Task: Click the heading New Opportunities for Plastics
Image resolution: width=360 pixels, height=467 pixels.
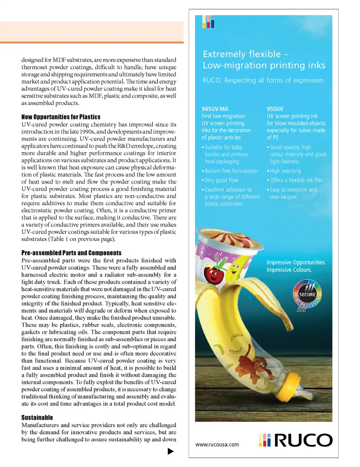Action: coord(61,117)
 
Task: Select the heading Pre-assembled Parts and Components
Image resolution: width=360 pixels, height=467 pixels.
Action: coord(71,253)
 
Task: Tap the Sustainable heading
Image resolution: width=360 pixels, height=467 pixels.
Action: coord(37,417)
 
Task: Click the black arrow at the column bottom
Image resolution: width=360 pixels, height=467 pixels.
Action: coord(171,451)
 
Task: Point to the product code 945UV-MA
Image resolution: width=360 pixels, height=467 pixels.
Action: coord(215,109)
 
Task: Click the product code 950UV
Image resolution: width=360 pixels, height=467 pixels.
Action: coord(275,109)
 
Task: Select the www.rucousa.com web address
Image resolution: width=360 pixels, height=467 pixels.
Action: coord(217,444)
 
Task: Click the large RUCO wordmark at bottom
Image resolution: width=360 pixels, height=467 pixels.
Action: coord(303,440)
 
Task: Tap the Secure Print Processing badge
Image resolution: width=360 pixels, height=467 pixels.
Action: coord(307,296)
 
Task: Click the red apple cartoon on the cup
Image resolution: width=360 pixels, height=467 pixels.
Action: coord(214,275)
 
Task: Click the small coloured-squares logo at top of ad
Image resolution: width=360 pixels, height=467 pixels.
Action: coord(208,22)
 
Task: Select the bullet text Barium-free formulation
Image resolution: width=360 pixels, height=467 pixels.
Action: coord(231,171)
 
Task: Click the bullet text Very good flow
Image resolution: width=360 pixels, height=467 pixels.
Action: coord(221,180)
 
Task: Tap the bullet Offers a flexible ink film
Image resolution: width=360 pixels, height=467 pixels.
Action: coord(296,180)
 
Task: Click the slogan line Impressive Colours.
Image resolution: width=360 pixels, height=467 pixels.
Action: coord(289,270)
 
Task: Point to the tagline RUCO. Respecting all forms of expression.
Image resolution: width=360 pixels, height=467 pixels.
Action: coord(264,80)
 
